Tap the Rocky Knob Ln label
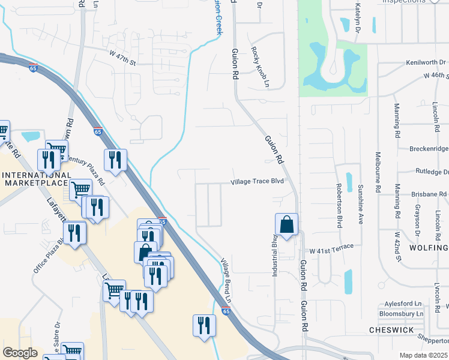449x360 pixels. [x=260, y=67]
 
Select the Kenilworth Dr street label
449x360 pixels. [x=425, y=62]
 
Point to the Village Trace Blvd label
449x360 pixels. [x=257, y=182]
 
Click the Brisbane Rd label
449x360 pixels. [x=429, y=194]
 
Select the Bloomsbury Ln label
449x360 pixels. [x=402, y=313]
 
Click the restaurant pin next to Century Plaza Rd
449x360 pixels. [x=115, y=160]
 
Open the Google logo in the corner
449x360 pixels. [x=20, y=353]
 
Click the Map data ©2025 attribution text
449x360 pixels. [x=423, y=355]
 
